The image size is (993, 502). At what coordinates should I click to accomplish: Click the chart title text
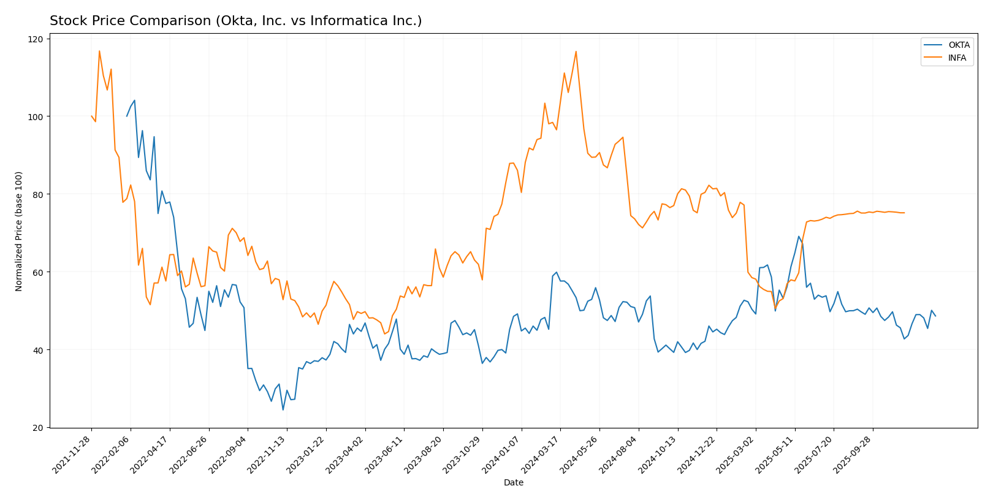click(x=235, y=21)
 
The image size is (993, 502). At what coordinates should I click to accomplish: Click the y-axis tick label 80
click(x=39, y=194)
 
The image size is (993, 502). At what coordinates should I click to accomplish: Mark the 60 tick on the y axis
click(x=39, y=272)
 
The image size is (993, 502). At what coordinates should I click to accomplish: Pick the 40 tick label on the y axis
click(x=39, y=350)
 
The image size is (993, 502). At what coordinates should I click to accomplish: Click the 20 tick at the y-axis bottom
click(x=39, y=428)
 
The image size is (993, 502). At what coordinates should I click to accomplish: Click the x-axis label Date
click(x=513, y=483)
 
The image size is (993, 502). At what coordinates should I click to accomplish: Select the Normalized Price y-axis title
click(x=19, y=232)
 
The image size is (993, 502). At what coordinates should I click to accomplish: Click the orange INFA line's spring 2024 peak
click(x=576, y=51)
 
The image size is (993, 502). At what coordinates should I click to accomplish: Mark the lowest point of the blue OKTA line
click(x=283, y=409)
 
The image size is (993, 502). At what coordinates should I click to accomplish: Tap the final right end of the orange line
click(x=904, y=213)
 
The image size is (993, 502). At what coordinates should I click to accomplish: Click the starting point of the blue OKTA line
click(x=127, y=116)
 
